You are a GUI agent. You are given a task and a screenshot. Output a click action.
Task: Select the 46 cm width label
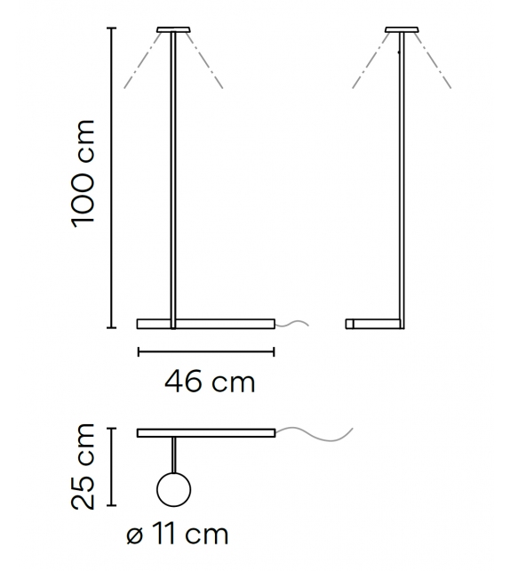[x=209, y=382]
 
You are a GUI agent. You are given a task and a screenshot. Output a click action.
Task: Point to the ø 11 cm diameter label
[x=177, y=534]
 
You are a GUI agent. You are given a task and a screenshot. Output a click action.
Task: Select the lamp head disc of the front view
[x=172, y=30]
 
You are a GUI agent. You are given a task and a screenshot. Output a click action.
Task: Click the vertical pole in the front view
[x=172, y=178]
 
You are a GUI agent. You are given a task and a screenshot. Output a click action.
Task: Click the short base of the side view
[x=373, y=323]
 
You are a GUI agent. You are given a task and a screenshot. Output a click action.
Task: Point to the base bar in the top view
[x=206, y=433]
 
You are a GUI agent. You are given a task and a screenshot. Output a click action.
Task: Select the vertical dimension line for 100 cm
[x=110, y=178]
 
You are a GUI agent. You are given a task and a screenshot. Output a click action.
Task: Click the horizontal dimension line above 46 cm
[x=206, y=352]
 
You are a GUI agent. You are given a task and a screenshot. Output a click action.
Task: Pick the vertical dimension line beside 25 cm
[x=110, y=466]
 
